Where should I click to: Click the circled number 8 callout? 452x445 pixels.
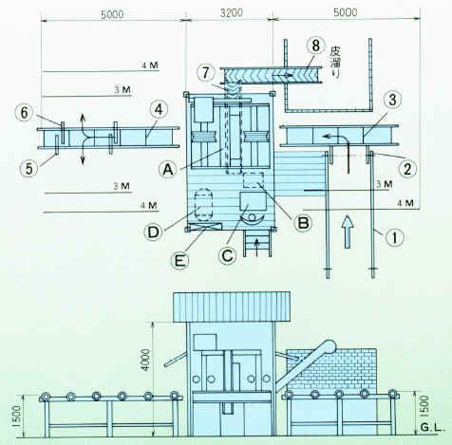316,46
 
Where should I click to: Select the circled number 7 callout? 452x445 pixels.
206,73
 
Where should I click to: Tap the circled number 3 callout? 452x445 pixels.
392,100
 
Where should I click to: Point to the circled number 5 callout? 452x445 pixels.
28,168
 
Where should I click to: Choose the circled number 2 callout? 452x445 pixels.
407,169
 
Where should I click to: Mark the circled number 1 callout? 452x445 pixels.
394,237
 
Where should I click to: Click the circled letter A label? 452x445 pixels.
168,170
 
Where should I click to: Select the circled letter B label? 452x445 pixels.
304,223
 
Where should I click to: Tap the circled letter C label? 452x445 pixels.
228,255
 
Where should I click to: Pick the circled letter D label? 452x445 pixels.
153,232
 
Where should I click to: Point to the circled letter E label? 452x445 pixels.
179,261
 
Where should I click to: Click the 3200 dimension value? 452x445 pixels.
232,13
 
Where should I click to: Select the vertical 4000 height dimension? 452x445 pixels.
145,360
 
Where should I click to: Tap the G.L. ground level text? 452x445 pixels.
432,428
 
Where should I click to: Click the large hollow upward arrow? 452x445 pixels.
348,232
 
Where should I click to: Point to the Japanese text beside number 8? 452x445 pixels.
335,64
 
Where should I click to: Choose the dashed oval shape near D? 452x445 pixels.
203,204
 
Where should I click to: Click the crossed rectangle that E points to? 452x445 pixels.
205,227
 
